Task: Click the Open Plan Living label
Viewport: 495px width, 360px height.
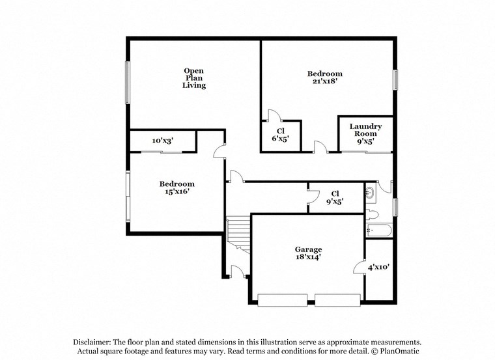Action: [194, 78]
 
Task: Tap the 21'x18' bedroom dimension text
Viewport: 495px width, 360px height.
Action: [324, 82]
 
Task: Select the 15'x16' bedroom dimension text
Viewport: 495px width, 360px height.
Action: [177, 192]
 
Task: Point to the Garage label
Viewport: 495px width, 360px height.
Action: [308, 249]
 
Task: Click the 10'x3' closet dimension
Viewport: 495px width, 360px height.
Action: [163, 141]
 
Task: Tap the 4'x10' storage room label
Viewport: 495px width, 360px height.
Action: [378, 267]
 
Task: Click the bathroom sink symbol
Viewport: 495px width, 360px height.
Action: [370, 192]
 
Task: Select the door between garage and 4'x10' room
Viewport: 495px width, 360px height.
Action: [358, 267]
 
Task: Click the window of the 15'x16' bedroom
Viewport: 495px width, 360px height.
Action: [128, 195]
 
